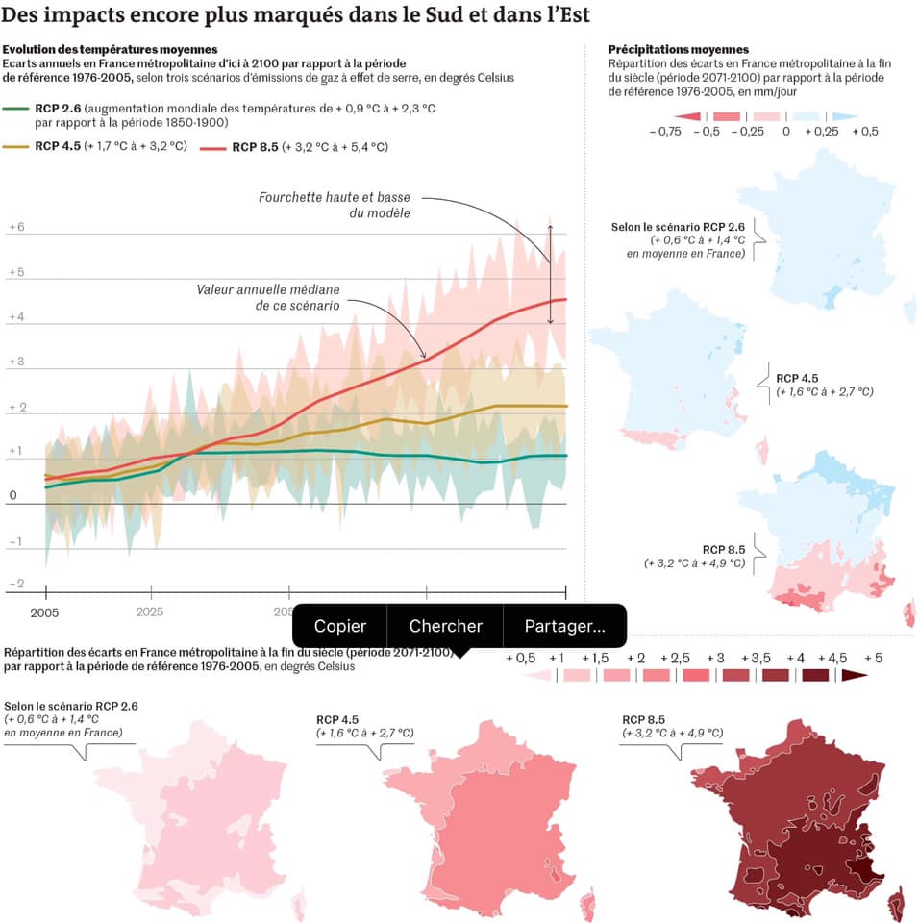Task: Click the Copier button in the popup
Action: click(339, 626)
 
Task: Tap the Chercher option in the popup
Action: click(445, 626)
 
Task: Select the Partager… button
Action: click(564, 626)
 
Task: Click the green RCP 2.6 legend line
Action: click(17, 110)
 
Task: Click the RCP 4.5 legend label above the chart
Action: click(57, 147)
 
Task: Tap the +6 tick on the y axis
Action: click(16, 227)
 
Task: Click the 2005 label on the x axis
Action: click(44, 611)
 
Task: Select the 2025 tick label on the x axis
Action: click(150, 611)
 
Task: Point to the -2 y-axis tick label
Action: click(15, 584)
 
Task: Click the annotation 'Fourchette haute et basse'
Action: click(335, 197)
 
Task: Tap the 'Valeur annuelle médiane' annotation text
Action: click(268, 289)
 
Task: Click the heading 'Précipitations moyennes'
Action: click(679, 49)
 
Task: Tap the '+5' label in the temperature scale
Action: click(873, 658)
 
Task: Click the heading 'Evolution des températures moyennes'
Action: click(111, 49)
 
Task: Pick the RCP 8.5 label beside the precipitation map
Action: click(722, 549)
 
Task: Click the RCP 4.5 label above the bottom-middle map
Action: click(337, 719)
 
